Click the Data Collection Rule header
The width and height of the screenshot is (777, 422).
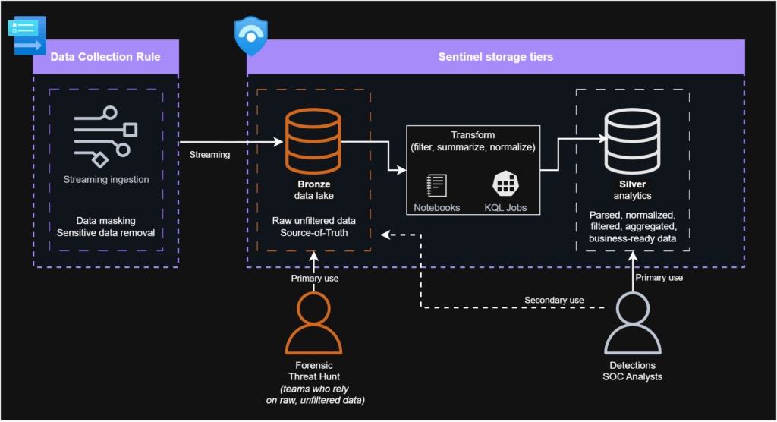tap(105, 57)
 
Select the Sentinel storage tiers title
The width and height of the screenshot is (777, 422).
tap(495, 57)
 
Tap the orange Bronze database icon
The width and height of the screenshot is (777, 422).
tap(313, 143)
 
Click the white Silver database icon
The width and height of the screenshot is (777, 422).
tap(632, 143)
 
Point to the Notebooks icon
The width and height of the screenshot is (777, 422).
tap(437, 184)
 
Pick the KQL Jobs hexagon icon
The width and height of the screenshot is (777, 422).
tap(505, 184)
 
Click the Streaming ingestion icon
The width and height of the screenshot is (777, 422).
tap(105, 137)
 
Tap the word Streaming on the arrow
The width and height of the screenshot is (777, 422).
tap(209, 155)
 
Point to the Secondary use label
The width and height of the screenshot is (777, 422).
tap(554, 300)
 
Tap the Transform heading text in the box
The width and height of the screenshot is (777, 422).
tap(473, 135)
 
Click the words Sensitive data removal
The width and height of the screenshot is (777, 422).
tap(105, 233)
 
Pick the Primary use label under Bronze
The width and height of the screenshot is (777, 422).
tap(313, 278)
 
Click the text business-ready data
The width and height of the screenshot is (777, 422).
tap(632, 239)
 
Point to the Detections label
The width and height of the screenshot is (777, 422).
tap(632, 366)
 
